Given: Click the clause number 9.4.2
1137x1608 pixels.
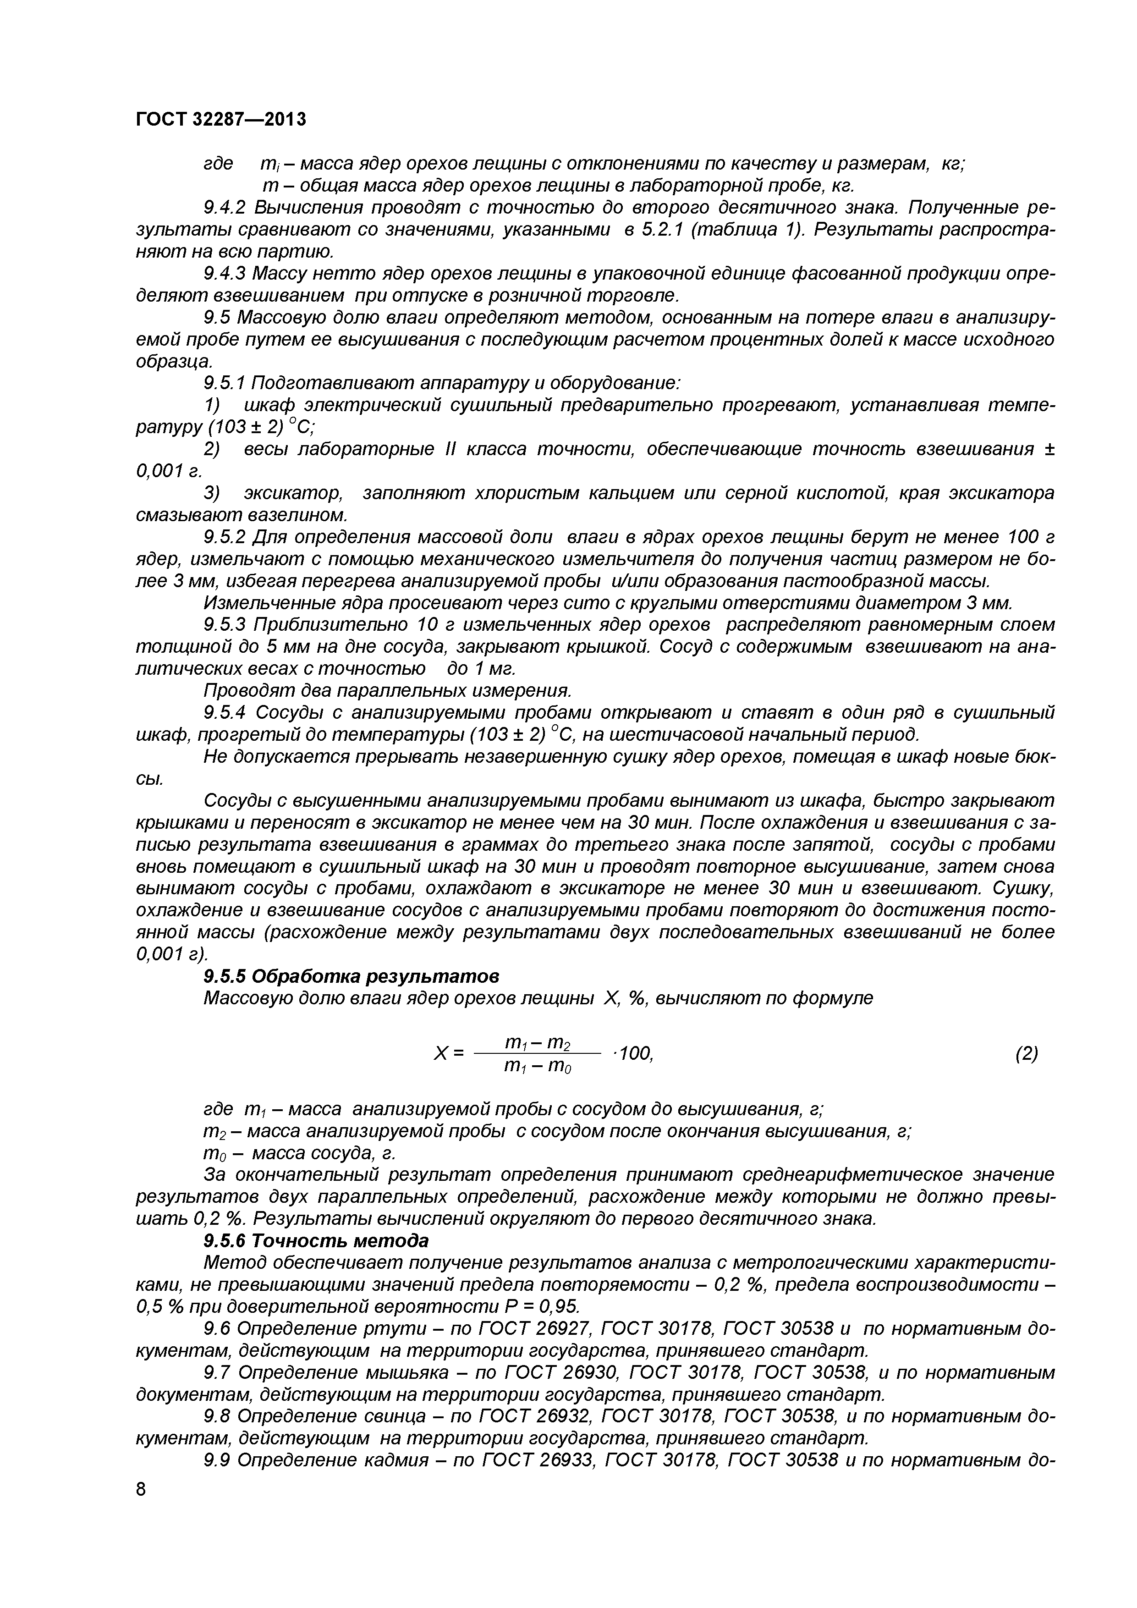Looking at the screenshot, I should click(x=226, y=207).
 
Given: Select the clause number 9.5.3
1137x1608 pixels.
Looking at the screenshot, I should click(x=226, y=625).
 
